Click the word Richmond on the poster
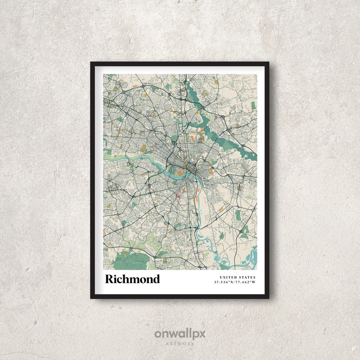132,279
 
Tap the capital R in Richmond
109,279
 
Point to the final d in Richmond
156,279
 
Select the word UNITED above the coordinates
228,277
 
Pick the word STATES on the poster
247,277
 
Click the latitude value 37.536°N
224,282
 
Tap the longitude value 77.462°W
246,282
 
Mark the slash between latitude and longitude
235,282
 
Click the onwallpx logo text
180,334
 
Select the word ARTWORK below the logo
180,343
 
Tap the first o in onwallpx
158,334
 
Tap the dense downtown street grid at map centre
180,157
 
